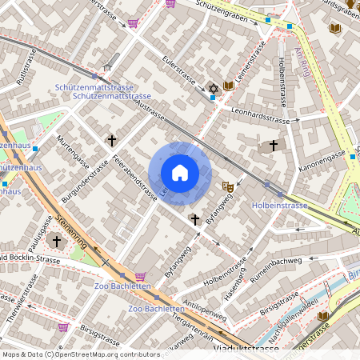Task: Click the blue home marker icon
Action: click(180, 172)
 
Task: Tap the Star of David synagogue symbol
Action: click(213, 87)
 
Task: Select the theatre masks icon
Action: click(228, 185)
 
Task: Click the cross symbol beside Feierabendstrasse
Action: click(112, 140)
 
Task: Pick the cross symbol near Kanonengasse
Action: click(274, 145)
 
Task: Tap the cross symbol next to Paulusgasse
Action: click(56, 240)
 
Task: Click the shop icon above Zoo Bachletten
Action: click(141, 276)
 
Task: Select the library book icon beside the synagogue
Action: click(229, 85)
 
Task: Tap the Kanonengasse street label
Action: click(323, 164)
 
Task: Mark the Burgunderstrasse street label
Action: click(86, 184)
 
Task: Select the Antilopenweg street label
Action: click(205, 307)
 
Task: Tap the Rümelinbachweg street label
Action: click(275, 269)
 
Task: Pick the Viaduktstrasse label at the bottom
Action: click(250, 350)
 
